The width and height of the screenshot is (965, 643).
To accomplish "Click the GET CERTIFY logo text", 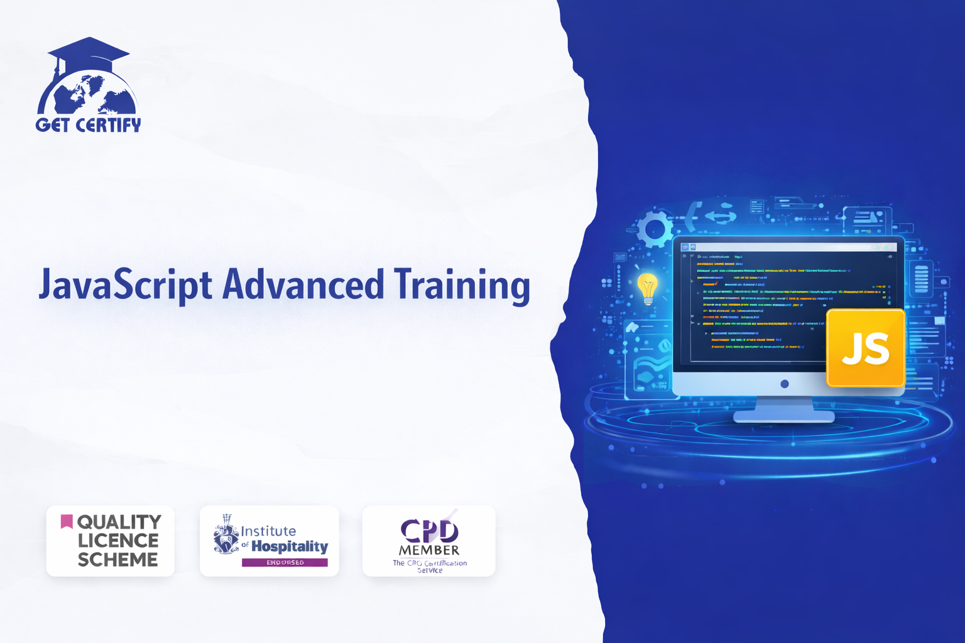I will click(x=89, y=125).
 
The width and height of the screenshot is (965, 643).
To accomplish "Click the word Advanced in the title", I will click(x=303, y=284).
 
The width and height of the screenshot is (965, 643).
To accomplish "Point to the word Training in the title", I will click(x=462, y=285).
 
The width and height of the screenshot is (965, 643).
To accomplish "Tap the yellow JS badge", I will click(x=865, y=348).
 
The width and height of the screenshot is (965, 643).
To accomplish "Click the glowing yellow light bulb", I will click(x=647, y=288).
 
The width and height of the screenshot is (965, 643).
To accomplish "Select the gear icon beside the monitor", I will click(x=654, y=229).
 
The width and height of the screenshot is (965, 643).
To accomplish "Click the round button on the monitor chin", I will click(x=784, y=384).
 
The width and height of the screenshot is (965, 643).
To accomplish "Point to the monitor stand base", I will click(x=783, y=416).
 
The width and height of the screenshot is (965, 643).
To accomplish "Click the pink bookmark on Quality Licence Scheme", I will click(x=67, y=521).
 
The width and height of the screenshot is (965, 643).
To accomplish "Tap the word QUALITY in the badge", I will click(x=119, y=522).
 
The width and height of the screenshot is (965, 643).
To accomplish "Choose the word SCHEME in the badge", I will click(x=117, y=559).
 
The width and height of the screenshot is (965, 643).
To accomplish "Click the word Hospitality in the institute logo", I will click(x=290, y=546).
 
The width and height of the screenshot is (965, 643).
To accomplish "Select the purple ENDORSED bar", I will click(x=285, y=563).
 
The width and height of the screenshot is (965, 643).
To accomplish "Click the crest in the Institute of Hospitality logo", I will click(x=226, y=536).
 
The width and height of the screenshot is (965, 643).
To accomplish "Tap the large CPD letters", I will click(x=429, y=531).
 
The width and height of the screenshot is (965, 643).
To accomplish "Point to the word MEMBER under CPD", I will click(x=429, y=550).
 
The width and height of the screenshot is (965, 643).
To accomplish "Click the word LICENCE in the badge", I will click(x=117, y=541).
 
